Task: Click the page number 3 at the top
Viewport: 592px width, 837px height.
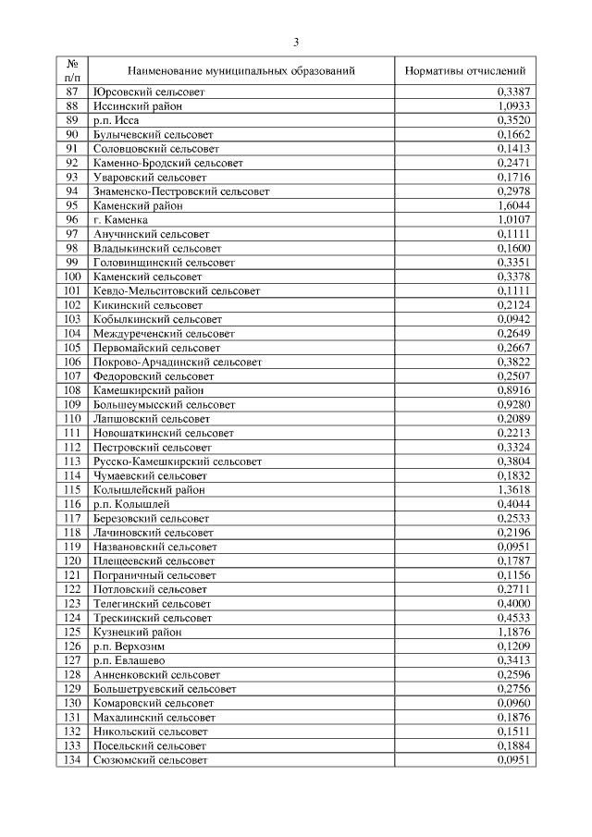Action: click(296, 42)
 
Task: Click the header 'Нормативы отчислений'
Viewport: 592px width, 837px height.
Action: click(465, 70)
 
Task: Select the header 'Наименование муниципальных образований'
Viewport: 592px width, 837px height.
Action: click(241, 70)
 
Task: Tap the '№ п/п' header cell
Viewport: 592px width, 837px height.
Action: click(72, 70)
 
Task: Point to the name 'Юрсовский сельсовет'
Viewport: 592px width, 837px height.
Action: click(149, 92)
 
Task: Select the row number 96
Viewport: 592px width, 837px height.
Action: click(72, 220)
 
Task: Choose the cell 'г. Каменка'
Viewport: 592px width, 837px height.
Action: click(121, 220)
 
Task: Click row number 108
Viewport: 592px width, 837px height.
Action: click(72, 390)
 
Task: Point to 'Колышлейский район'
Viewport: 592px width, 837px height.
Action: click(149, 489)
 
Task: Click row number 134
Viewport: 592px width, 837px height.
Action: click(72, 759)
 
